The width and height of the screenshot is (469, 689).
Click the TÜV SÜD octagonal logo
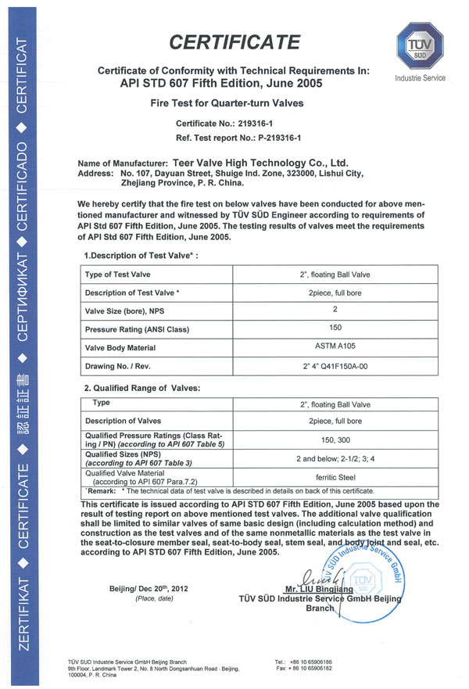420,45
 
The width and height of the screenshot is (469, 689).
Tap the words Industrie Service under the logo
420,78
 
